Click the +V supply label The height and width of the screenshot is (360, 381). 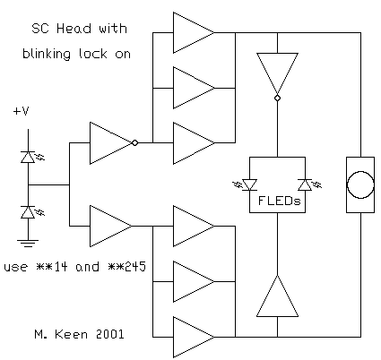point(21,111)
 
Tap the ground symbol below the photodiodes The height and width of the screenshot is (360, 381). point(28,244)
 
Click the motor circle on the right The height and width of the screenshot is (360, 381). point(360,184)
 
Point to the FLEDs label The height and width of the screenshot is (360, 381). point(280,201)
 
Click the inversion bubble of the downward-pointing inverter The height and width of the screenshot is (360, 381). point(277,98)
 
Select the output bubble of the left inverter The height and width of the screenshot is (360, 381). point(134,142)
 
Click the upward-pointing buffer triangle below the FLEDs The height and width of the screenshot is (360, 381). point(277,296)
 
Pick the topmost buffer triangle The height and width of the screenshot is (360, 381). point(194,32)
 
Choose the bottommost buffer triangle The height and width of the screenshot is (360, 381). point(194,337)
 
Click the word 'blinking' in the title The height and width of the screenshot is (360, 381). point(47,54)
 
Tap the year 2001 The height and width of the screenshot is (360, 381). point(109,334)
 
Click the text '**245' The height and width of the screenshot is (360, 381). point(126,267)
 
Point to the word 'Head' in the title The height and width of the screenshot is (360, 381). point(74,29)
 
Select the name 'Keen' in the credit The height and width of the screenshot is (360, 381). point(71,334)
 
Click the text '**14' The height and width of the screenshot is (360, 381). point(51,267)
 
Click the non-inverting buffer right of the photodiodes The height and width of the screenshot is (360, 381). point(110,226)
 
